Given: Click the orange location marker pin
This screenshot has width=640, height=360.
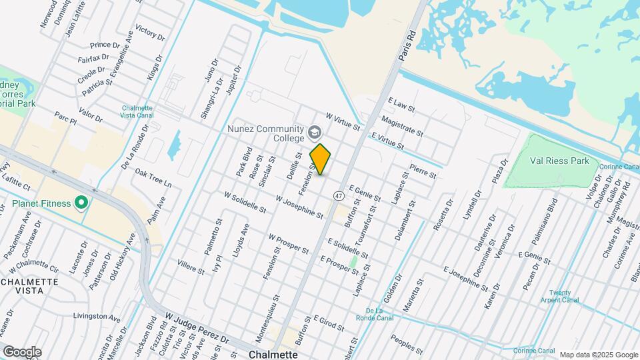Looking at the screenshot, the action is pyautogui.click(x=321, y=159).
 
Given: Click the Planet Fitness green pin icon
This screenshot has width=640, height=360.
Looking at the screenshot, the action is pyautogui.click(x=83, y=202).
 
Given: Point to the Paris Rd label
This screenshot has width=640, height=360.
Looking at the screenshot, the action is pyautogui.click(x=409, y=46).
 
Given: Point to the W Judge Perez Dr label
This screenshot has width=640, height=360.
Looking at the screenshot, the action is pyautogui.click(x=197, y=329).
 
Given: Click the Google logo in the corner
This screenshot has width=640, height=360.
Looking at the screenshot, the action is pyautogui.click(x=22, y=351).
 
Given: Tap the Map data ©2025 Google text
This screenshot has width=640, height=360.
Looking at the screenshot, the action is pyautogui.click(x=599, y=355).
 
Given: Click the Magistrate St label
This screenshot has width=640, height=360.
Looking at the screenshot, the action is pyautogui.click(x=402, y=125).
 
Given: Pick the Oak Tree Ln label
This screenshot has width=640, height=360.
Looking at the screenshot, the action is pyautogui.click(x=153, y=178).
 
